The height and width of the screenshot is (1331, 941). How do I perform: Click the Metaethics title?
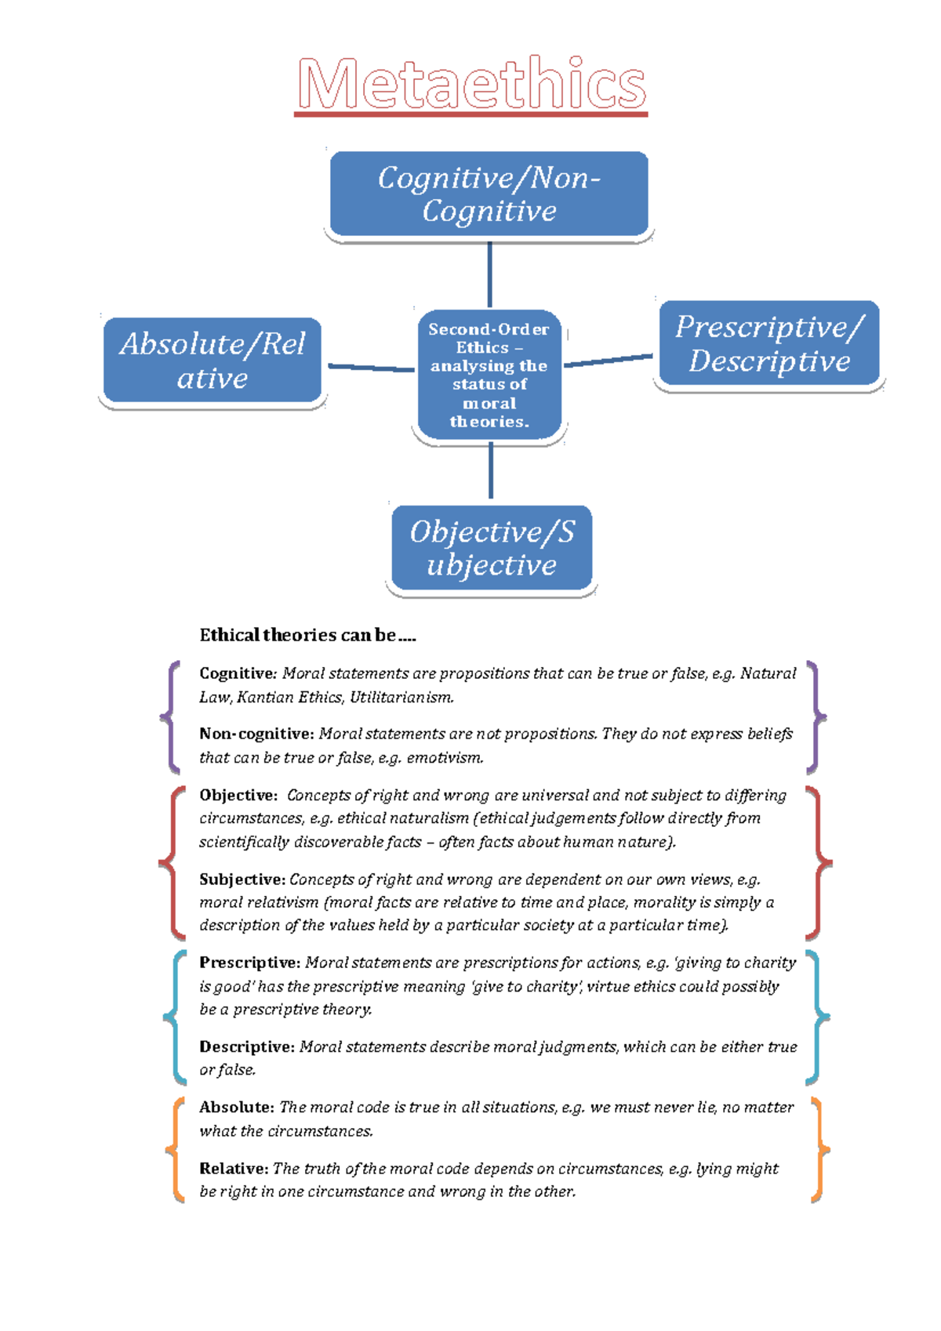(x=471, y=84)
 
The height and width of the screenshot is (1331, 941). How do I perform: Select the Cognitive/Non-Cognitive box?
(x=489, y=194)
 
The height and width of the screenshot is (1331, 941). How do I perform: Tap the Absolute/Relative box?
(x=213, y=361)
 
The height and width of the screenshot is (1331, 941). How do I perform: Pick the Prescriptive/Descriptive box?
(x=769, y=344)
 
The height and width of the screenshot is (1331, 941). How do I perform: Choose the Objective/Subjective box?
(x=492, y=548)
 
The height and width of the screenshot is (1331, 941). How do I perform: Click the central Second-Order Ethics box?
(x=489, y=375)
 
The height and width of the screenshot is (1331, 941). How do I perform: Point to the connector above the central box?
(x=490, y=274)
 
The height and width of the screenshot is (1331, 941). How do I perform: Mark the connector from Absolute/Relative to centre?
(x=370, y=367)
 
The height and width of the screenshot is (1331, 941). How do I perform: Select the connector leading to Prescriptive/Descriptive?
(x=608, y=360)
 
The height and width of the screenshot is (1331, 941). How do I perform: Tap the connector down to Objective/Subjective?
(x=491, y=470)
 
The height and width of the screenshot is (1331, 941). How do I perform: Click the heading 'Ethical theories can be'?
(x=307, y=635)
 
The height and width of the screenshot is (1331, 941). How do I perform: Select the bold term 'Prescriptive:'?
(x=249, y=963)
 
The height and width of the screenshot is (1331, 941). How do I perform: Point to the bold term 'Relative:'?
(x=234, y=1169)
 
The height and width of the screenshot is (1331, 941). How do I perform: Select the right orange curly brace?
(x=819, y=1150)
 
